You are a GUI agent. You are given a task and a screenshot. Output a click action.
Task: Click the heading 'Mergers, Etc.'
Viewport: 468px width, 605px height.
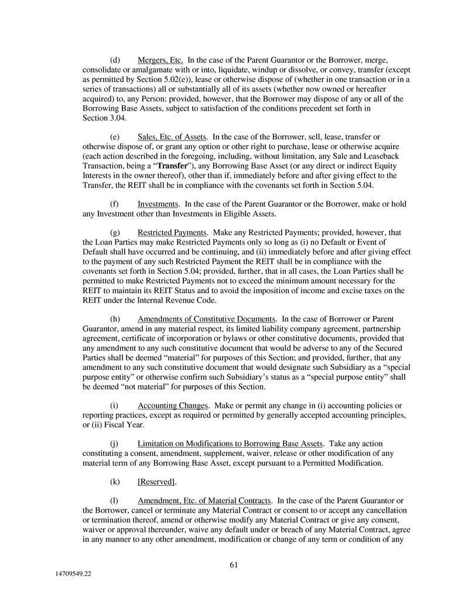click(x=160, y=60)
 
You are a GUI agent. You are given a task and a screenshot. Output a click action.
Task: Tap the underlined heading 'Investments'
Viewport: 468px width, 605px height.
click(x=158, y=204)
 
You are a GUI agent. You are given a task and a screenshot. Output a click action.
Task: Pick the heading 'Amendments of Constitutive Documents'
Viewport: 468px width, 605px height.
click(x=206, y=319)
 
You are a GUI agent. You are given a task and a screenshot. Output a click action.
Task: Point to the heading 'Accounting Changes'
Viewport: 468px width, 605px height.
click(x=173, y=405)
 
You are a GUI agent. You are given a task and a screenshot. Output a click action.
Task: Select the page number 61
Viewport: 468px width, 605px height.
click(x=234, y=565)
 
